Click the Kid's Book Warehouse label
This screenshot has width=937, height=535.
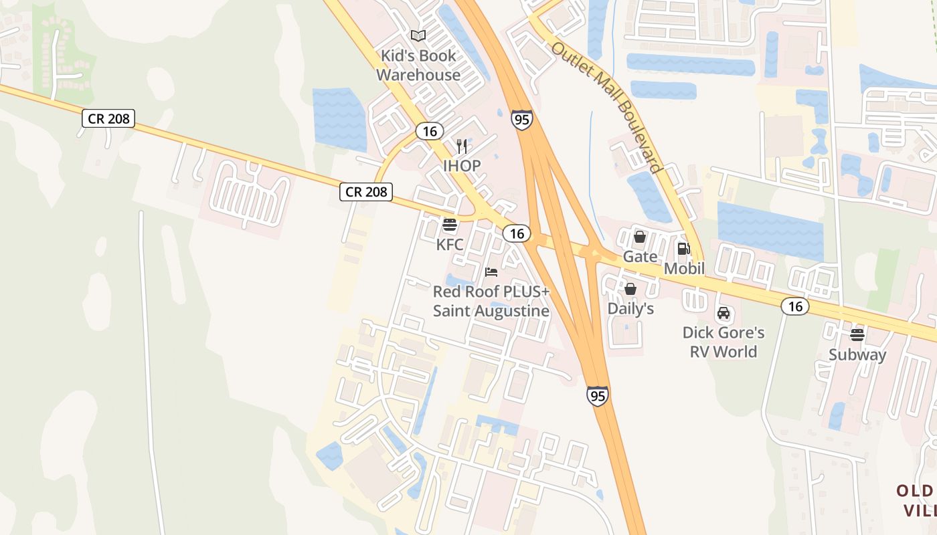(x=418, y=66)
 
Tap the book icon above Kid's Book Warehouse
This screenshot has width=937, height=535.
(x=418, y=35)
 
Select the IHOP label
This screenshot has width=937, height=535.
(x=462, y=165)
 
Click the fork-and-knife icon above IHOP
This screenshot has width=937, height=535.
(x=462, y=146)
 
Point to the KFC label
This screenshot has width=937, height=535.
(x=450, y=245)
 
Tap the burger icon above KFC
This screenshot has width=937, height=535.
(x=450, y=225)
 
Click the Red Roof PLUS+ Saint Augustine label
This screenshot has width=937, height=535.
(x=491, y=302)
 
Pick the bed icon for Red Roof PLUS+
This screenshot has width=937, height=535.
(x=491, y=272)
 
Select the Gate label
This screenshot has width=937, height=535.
(x=639, y=257)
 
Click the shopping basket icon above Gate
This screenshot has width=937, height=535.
(x=639, y=237)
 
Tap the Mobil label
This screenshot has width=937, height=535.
(x=684, y=269)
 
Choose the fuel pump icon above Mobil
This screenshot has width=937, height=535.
(x=683, y=249)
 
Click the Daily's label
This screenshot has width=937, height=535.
(x=630, y=309)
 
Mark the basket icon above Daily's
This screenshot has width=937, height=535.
(x=630, y=289)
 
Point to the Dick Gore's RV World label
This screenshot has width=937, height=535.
(x=723, y=342)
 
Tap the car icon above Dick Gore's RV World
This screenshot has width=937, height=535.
(x=723, y=313)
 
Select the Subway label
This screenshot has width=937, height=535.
(x=857, y=355)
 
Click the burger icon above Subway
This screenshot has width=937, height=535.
(x=857, y=334)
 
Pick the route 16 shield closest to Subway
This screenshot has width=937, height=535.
(x=795, y=306)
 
